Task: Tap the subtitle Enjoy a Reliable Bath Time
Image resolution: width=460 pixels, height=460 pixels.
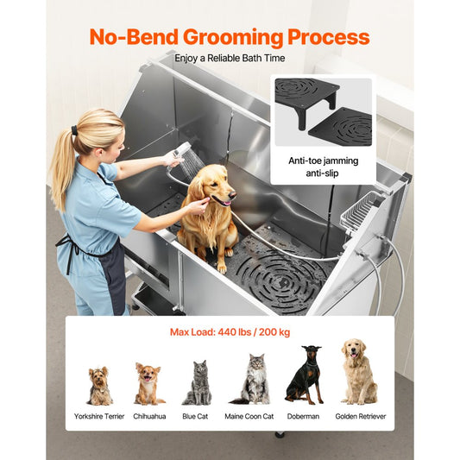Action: click(229, 59)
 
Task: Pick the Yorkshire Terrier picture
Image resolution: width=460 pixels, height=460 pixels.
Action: click(99, 386)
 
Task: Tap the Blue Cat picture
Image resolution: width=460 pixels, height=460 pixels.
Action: click(198, 384)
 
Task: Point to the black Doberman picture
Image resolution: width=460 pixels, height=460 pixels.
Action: click(304, 375)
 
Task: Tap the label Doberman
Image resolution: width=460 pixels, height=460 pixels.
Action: click(304, 416)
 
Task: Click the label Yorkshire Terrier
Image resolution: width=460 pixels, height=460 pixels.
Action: click(99, 416)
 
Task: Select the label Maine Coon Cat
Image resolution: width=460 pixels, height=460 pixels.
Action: click(251, 416)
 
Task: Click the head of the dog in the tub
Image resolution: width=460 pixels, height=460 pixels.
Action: click(211, 185)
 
